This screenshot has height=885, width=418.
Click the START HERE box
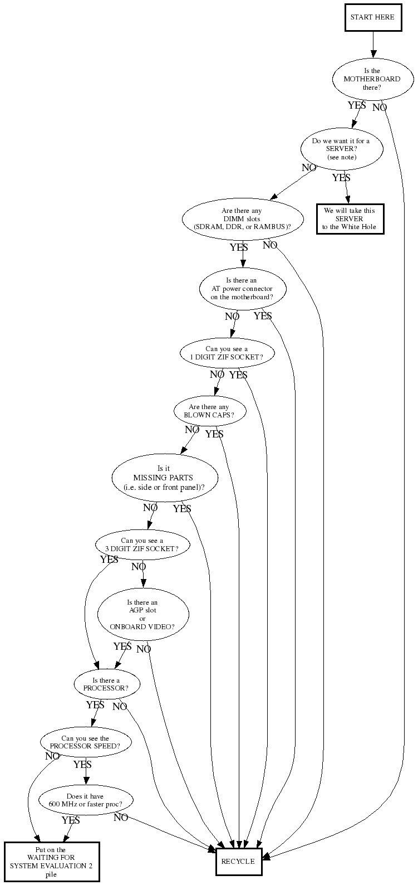pos(373,17)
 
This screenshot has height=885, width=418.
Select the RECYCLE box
pos(239,861)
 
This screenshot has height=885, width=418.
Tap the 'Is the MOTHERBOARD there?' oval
pos(373,79)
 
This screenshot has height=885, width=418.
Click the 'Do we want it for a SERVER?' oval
pos(342,149)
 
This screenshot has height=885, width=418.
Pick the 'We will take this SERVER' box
pos(350,219)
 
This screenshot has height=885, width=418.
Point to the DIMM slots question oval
pos(243,219)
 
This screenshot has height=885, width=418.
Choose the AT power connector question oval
pos(242,289)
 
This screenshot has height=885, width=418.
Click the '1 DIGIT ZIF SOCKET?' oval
pos(227,353)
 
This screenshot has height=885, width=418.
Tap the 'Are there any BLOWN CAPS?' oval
pos(210,411)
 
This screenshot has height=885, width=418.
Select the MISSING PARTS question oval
pos(165,478)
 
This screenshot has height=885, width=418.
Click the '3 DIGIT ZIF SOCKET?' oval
pos(142,545)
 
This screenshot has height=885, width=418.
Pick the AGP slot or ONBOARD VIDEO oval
pos(143,614)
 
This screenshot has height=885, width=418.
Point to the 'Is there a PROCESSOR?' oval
pos(106,684)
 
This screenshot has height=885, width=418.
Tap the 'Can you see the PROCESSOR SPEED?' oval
pos(86,742)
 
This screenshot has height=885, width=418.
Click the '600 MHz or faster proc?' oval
pos(86,800)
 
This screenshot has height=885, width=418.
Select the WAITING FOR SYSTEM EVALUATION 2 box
pos(52,862)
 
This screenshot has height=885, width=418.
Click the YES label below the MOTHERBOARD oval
pos(357,105)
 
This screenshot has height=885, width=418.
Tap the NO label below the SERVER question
pos(309,168)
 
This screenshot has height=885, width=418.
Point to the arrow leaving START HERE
pos(373,44)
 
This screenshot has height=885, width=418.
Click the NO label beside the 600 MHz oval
pos(121,818)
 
